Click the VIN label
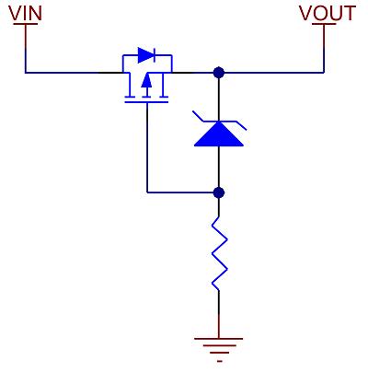[x=25, y=13]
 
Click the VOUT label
[x=328, y=13]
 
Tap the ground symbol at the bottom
[x=219, y=350]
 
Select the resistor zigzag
[x=219, y=253]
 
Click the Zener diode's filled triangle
[x=219, y=134]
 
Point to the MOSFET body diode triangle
[x=145, y=55]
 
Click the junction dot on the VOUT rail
[x=219, y=73]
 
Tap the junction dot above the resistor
[x=219, y=192]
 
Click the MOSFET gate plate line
[x=146, y=101]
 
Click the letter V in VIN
[x=15, y=13]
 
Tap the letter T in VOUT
[x=350, y=13]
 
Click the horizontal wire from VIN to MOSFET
[x=74, y=73]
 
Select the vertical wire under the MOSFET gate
[x=147, y=148]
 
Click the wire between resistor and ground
[x=219, y=314]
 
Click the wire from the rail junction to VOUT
[x=271, y=73]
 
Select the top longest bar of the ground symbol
[x=219, y=339]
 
